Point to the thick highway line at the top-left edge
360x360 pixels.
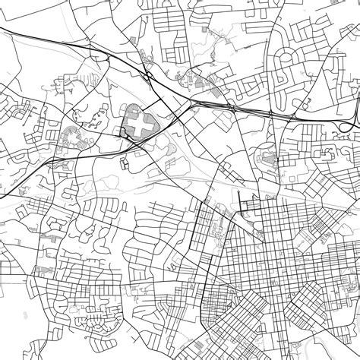coord(23,34)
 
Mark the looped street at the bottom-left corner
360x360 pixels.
coord(15,334)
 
